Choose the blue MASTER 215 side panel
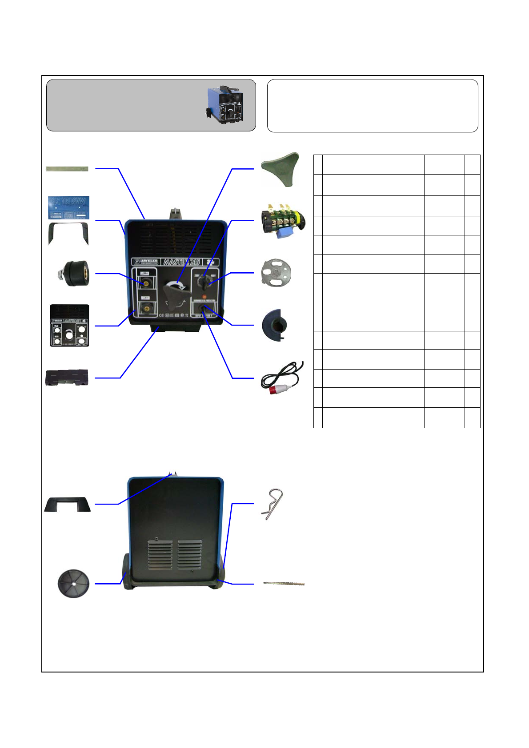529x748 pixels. (x=68, y=207)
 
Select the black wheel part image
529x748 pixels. (x=73, y=583)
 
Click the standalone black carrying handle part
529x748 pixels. (x=68, y=505)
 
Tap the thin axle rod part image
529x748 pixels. (x=284, y=583)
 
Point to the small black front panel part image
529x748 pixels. (x=69, y=326)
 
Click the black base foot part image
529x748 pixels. (x=67, y=378)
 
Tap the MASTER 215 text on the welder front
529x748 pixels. (x=181, y=262)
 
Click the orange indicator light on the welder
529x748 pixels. (x=204, y=296)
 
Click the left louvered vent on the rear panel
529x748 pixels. (x=160, y=556)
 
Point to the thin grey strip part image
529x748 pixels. (x=68, y=169)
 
